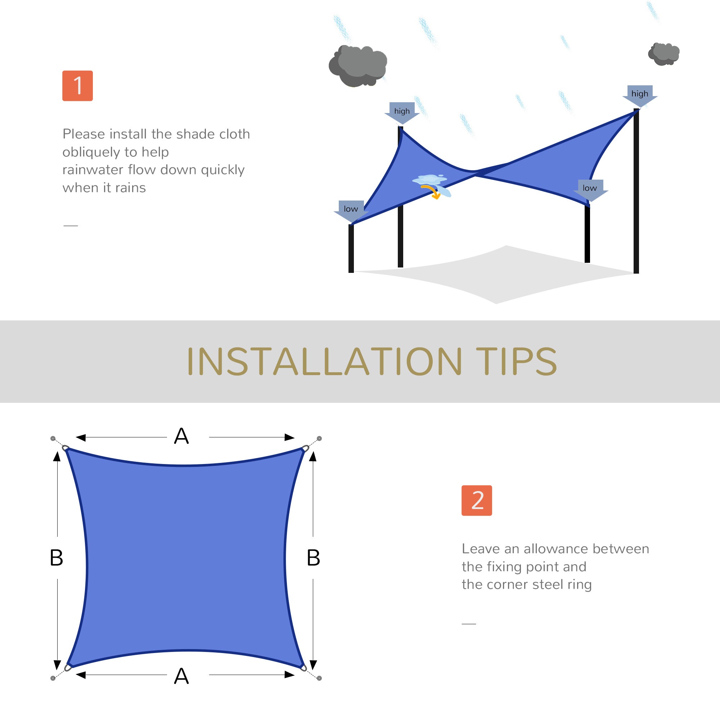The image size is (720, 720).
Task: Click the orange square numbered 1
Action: pyautogui.click(x=77, y=86)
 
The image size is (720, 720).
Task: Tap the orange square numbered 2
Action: pyautogui.click(x=477, y=500)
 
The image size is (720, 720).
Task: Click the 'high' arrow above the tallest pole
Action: pyautogui.click(x=640, y=95)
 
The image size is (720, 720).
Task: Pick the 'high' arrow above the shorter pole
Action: pyautogui.click(x=402, y=112)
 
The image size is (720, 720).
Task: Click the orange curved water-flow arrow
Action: pyautogui.click(x=432, y=192)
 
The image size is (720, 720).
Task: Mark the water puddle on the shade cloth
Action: pyautogui.click(x=429, y=180)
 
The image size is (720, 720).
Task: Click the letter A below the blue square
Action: pyautogui.click(x=181, y=676)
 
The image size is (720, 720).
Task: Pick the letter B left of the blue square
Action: pyautogui.click(x=56, y=558)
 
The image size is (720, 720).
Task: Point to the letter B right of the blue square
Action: pyautogui.click(x=314, y=558)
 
